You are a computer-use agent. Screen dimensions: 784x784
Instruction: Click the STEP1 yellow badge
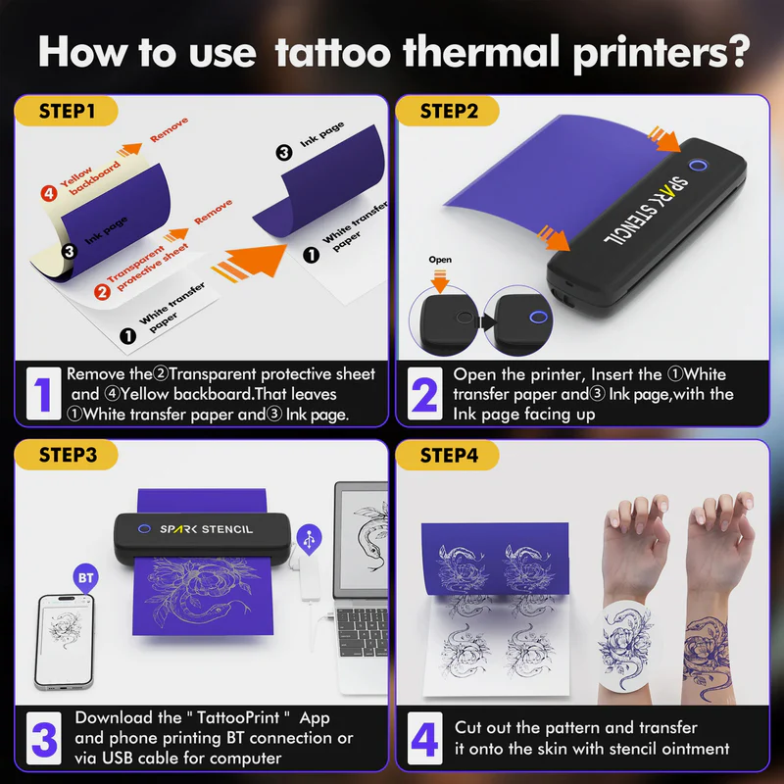click(x=69, y=111)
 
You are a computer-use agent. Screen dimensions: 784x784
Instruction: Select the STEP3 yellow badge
click(x=69, y=455)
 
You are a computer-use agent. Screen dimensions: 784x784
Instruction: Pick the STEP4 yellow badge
click(x=449, y=455)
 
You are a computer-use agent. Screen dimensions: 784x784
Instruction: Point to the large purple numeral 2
click(x=424, y=394)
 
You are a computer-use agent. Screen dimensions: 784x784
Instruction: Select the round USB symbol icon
click(x=310, y=538)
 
